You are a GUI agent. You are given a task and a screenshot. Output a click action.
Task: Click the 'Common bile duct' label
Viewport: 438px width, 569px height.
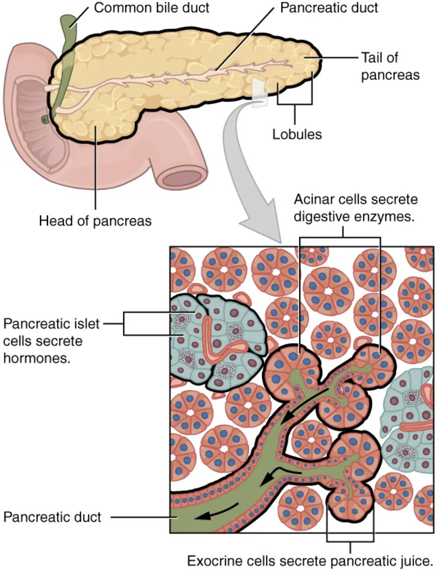click(x=151, y=8)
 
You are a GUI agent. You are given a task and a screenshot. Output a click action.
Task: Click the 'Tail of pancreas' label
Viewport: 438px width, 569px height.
click(x=390, y=66)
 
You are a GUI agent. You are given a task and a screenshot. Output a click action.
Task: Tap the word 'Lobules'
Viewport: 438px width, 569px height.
click(x=297, y=134)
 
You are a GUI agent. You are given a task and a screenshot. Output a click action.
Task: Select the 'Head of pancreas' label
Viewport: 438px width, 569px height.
click(x=95, y=221)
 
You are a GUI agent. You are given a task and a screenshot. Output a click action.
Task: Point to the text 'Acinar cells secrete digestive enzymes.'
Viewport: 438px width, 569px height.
click(x=355, y=208)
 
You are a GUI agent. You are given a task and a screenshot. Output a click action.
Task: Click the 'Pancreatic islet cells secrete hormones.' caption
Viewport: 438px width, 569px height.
click(x=51, y=341)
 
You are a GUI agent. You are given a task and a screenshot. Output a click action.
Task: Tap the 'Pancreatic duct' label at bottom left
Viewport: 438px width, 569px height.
click(x=52, y=517)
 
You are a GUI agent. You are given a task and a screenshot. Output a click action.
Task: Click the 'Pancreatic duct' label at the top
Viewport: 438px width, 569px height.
click(x=329, y=8)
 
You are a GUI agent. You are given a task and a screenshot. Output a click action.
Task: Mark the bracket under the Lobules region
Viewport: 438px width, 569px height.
click(x=295, y=104)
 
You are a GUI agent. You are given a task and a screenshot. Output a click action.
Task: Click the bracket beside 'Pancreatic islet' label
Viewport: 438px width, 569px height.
click(x=124, y=324)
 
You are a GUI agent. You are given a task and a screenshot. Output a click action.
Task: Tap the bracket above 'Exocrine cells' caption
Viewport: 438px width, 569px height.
click(x=350, y=541)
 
